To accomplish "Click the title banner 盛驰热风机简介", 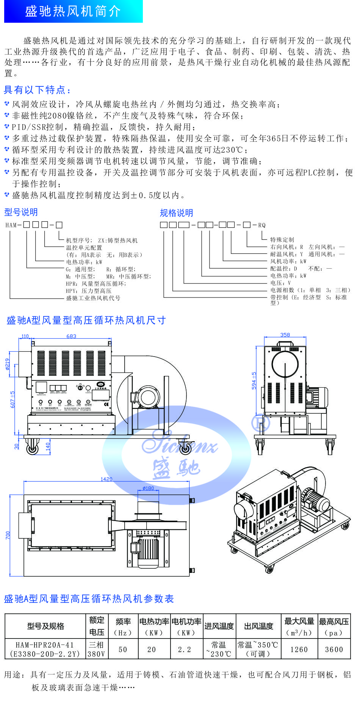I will pos(73,11).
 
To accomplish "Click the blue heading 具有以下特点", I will pos(37,90).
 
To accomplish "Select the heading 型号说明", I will pos(21,212).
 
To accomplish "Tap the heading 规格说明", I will pos(176,213).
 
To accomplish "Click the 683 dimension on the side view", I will pos(71,336).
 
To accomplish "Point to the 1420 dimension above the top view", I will pos(106,479).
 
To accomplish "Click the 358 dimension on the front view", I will pos(285,335).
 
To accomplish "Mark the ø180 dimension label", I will pos(148,488).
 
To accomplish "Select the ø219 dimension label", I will pos(7,364).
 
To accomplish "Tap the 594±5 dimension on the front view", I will pos(254,380).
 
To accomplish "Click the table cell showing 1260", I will pos(299,649).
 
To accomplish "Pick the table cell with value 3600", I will pos(334,649).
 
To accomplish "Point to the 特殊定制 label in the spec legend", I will pos(282,239).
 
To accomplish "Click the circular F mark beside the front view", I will pos(261,422).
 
